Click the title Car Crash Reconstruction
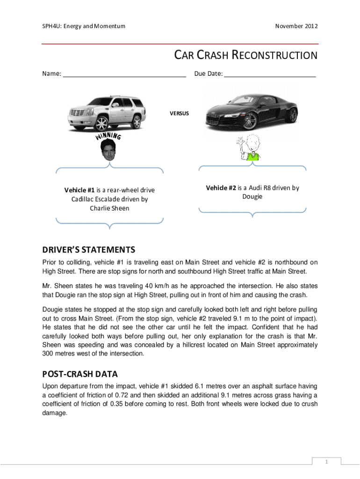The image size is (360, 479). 246,56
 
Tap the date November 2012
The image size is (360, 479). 296,26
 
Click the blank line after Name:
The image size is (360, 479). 124,74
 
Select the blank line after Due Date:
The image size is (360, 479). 270,74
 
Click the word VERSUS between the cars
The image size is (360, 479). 179,113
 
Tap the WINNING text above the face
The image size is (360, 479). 108,136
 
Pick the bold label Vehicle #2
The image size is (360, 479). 221,188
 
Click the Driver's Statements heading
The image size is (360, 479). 88,249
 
